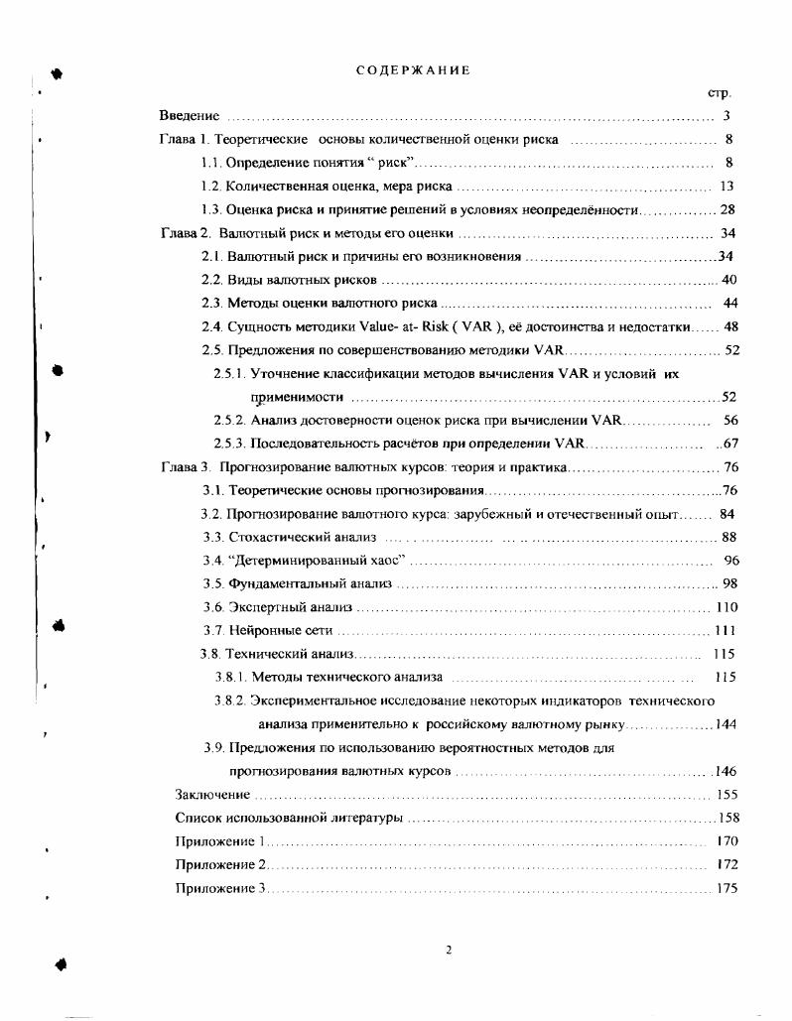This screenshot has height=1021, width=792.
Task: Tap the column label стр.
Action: pyautogui.click(x=719, y=93)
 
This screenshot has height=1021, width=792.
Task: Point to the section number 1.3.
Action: pyautogui.click(x=209, y=209)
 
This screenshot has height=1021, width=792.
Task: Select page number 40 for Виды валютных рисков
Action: pyautogui.click(x=728, y=280)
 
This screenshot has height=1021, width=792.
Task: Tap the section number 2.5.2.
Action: pyautogui.click(x=229, y=420)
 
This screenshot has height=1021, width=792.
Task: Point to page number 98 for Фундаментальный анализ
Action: pyautogui.click(x=730, y=583)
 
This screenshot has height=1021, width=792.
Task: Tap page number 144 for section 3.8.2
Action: pyautogui.click(x=726, y=724)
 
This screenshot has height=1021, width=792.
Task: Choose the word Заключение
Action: pyautogui.click(x=211, y=795)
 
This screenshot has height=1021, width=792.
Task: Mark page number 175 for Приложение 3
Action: pyautogui.click(x=726, y=888)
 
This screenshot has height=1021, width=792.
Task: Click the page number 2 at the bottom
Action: pyautogui.click(x=449, y=950)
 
